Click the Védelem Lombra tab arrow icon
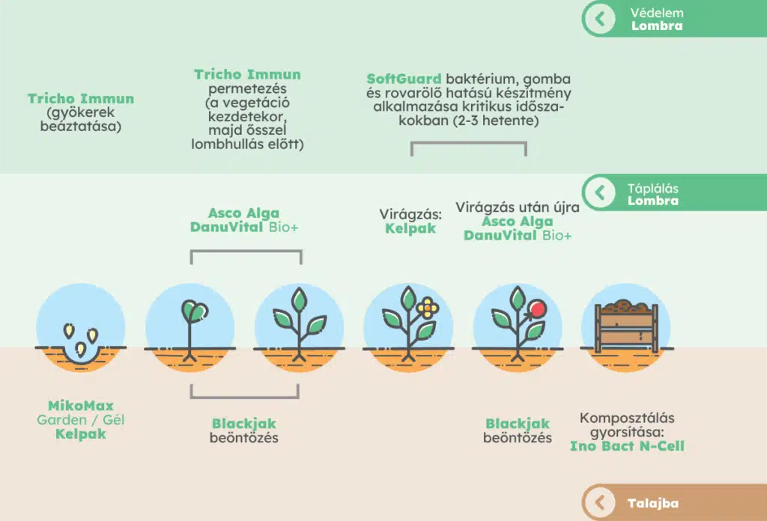coord(600,19)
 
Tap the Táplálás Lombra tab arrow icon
coord(600,193)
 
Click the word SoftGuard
coord(404,79)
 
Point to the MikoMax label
coord(81,406)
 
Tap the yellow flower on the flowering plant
coord(428,307)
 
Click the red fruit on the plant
coord(536,308)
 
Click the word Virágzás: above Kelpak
coord(410,214)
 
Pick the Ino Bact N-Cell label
coord(627,446)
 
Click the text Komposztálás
coord(627,418)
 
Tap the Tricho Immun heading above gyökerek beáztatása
coord(81,99)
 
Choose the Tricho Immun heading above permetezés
coord(247,74)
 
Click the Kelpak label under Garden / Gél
coord(81,434)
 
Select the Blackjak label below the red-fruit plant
coord(518,424)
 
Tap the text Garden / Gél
coord(81,420)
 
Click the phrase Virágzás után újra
coord(517,207)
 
